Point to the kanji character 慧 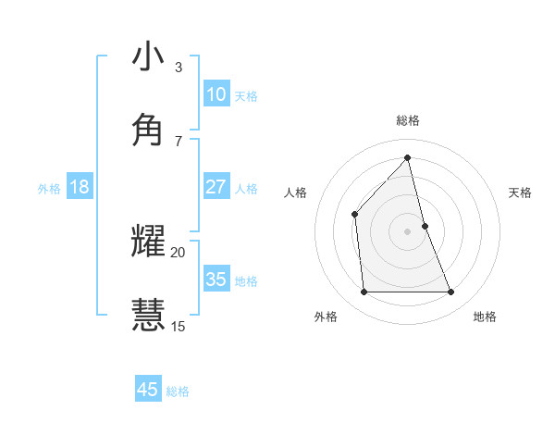click(x=148, y=313)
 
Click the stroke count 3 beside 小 click(x=179, y=68)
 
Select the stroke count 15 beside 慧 click(x=179, y=326)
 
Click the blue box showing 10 click(x=216, y=94)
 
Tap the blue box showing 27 click(x=216, y=187)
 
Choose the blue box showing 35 click(x=216, y=280)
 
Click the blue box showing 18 click(x=80, y=187)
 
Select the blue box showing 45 click(x=148, y=390)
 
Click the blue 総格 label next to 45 click(x=178, y=391)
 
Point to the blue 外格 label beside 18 click(x=49, y=189)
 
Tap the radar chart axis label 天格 click(x=521, y=193)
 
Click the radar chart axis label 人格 click(x=295, y=193)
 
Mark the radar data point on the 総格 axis click(x=407, y=157)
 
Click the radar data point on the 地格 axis click(x=451, y=292)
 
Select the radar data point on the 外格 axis click(x=364, y=292)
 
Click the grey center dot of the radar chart click(x=407, y=231)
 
